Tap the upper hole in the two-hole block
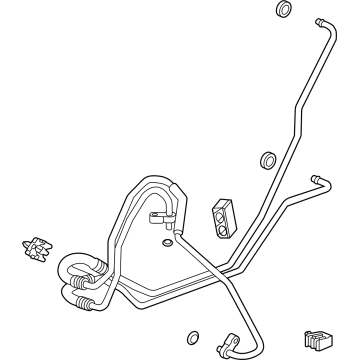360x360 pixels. pyautogui.click(x=221, y=209)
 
